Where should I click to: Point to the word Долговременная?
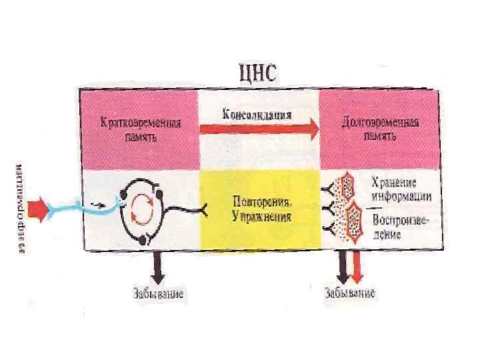[x=380, y=124]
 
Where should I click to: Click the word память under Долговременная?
[x=380, y=136]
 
